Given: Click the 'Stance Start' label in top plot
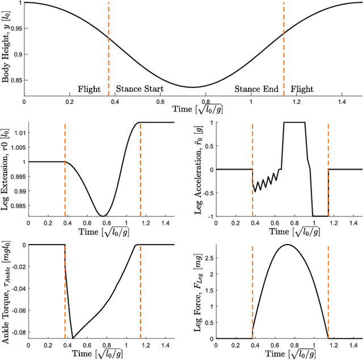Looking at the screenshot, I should coord(140,89).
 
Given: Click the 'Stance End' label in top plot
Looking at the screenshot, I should coord(256,89).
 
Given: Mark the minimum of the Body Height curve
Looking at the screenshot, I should coord(192,87).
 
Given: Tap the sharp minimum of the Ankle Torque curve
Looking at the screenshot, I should coord(73,337).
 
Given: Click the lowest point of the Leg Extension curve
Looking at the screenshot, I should coord(102,216).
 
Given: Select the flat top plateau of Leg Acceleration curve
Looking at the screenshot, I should coord(294,122).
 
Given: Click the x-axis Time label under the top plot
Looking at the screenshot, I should coord(193,109).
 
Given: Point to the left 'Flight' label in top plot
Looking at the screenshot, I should coord(89,89).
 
